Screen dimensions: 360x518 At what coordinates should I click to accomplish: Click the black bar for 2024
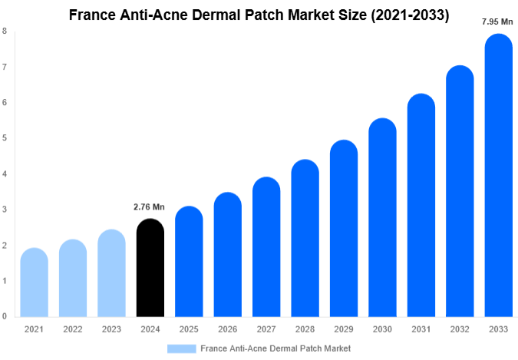pos(150,269)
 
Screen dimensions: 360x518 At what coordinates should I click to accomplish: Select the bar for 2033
pos(498,177)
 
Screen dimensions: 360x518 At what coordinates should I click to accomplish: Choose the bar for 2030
pos(382,218)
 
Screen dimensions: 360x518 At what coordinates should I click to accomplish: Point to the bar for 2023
pos(111,273)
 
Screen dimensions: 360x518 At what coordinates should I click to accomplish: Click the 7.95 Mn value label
pos(497,21)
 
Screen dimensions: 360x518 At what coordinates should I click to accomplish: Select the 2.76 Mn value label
pos(149,207)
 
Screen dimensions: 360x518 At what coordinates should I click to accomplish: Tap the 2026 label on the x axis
pos(227,329)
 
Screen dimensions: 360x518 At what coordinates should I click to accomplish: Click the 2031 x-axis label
pos(421,329)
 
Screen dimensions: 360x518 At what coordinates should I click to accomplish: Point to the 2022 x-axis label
pos(72,329)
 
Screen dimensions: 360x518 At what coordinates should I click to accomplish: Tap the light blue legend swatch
pos(181,348)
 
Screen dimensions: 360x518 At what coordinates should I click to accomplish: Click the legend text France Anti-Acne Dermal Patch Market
pos(276,348)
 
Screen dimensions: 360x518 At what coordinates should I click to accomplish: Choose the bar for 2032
pos(459,192)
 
